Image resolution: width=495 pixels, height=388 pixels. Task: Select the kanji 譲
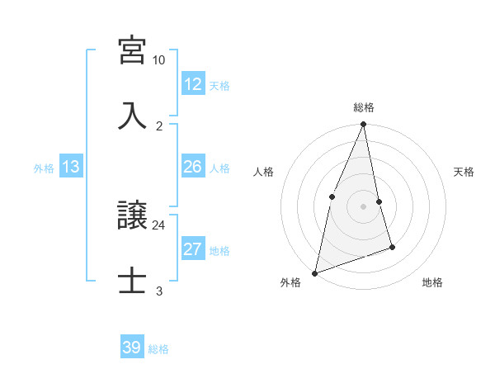click(132, 215)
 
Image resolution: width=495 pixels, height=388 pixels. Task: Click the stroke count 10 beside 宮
click(159, 60)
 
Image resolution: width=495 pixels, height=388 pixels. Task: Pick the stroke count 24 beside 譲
click(159, 225)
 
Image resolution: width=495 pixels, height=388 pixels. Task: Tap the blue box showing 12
click(193, 84)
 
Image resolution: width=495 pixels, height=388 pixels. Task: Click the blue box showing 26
click(193, 167)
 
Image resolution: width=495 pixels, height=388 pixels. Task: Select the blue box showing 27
click(193, 249)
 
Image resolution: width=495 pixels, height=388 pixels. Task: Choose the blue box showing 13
click(71, 167)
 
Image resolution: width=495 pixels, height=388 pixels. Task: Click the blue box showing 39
click(132, 348)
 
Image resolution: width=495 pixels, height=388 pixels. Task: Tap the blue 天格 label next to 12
click(219, 85)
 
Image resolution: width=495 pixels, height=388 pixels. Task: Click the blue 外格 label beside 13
click(44, 168)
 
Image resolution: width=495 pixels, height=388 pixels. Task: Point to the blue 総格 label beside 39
click(158, 349)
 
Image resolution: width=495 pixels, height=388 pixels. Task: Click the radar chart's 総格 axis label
click(364, 108)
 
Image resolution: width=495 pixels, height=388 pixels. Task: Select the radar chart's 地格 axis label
click(432, 283)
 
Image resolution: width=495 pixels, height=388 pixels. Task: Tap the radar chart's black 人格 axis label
click(263, 173)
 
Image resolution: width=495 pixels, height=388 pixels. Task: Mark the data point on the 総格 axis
click(364, 125)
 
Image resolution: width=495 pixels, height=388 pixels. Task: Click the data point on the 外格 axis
click(314, 272)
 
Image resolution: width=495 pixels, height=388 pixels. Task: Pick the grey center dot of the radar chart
click(364, 206)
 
